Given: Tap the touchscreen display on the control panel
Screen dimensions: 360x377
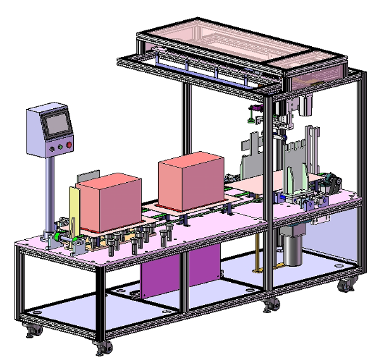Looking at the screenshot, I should click(x=56, y=124).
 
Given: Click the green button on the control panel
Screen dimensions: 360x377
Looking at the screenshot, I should click(x=60, y=147).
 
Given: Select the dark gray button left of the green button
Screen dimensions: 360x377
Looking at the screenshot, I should click(x=51, y=148).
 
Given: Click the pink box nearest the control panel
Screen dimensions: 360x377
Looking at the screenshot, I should click(x=109, y=202).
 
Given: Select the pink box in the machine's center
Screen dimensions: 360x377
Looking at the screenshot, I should click(x=191, y=180).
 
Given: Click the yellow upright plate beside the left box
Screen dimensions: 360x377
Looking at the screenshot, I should click(x=73, y=209).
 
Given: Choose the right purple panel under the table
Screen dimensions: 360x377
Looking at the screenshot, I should click(x=204, y=266).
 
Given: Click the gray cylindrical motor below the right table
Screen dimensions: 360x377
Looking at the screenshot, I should click(x=292, y=247).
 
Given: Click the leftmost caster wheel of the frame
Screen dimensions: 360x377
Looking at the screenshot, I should click(x=31, y=330).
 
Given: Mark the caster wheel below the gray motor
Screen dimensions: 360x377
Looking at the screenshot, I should click(x=272, y=305).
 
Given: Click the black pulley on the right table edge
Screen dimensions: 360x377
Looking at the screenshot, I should click(x=329, y=187).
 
